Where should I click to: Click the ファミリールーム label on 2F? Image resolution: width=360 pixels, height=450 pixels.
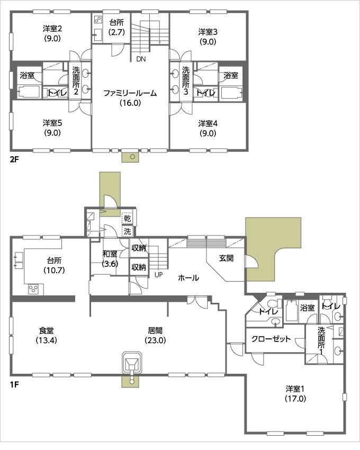[130, 93]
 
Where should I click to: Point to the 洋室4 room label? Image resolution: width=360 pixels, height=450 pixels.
[208, 124]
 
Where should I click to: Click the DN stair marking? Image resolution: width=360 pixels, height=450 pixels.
[140, 59]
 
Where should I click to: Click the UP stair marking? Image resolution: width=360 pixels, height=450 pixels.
[158, 274]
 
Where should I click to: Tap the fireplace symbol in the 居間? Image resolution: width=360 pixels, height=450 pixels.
[131, 363]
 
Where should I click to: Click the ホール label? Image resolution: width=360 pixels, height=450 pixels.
[188, 277]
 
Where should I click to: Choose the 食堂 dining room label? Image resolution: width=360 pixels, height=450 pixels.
[47, 335]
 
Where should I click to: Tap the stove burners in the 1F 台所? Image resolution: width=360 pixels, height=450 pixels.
[33, 289]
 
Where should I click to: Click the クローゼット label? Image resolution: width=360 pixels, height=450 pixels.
[271, 339]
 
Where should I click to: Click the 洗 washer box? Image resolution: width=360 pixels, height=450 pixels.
[128, 231]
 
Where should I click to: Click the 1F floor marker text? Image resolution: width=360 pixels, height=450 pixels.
[14, 385]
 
